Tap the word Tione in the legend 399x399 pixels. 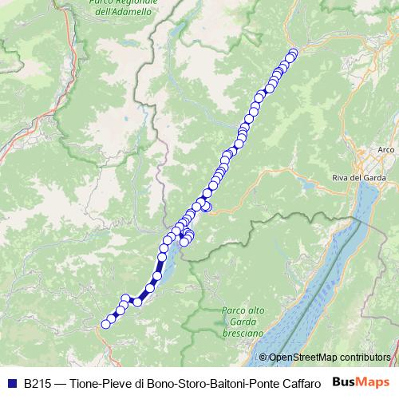click(85, 382)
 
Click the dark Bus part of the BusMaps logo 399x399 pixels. click(345, 382)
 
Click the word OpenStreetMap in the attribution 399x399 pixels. click(302, 358)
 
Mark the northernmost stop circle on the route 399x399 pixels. click(293, 53)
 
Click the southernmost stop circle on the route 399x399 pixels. click(105, 323)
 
